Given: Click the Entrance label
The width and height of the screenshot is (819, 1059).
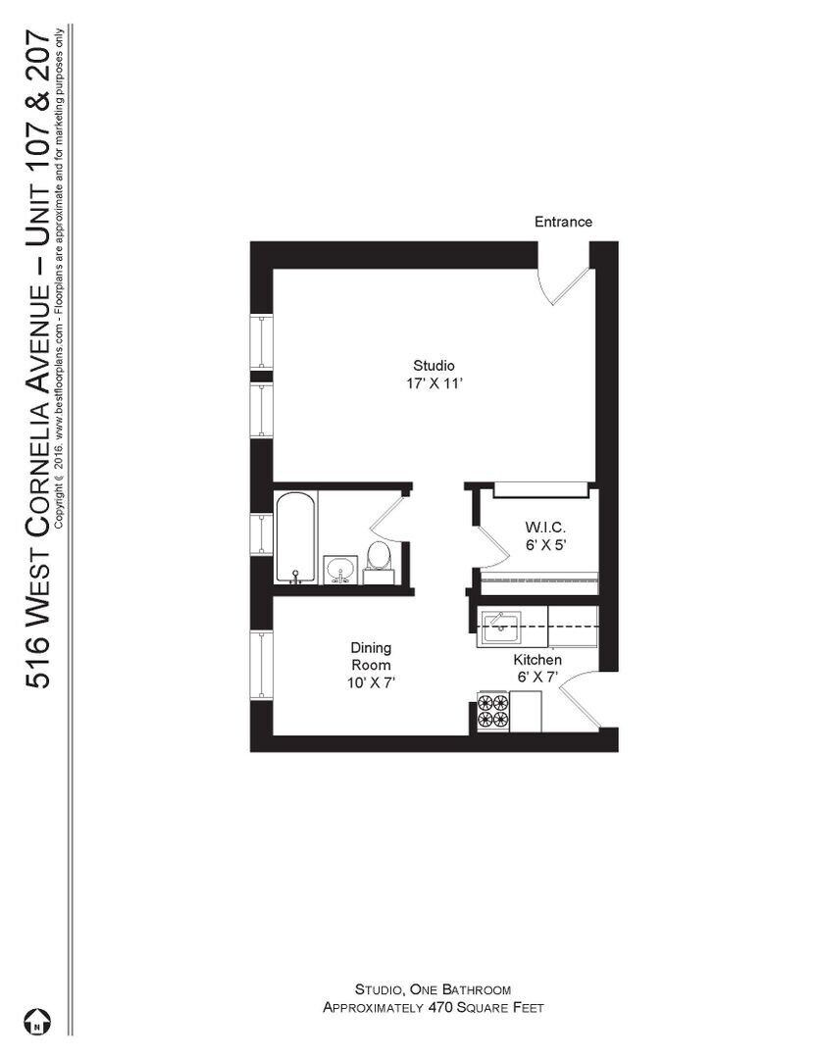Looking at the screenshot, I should pyautogui.click(x=563, y=222).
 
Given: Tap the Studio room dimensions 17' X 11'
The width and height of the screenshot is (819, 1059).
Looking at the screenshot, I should pyautogui.click(x=433, y=383).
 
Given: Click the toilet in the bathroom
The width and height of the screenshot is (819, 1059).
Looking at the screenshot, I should pyautogui.click(x=379, y=558).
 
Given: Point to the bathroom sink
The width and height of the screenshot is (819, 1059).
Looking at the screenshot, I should pyautogui.click(x=340, y=568).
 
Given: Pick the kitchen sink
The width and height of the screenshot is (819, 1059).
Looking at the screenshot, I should pyautogui.click(x=499, y=627).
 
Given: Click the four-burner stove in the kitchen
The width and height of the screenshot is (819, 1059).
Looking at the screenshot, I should pyautogui.click(x=493, y=710).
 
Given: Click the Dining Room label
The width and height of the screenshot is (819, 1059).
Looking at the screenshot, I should pyautogui.click(x=371, y=656).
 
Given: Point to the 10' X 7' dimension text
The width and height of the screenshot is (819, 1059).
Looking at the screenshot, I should pyautogui.click(x=371, y=682).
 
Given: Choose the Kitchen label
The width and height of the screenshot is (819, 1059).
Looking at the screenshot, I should pyautogui.click(x=537, y=660).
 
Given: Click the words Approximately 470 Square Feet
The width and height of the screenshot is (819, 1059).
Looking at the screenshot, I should pyautogui.click(x=433, y=1007).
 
